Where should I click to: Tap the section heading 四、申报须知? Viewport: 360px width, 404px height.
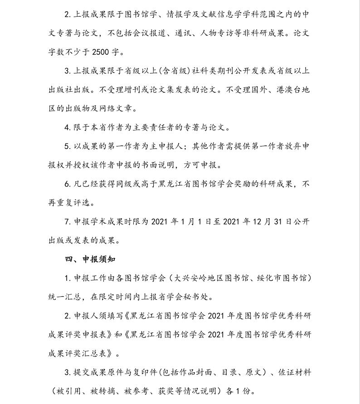[90, 260]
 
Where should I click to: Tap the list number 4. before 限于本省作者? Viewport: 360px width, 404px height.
[68, 127]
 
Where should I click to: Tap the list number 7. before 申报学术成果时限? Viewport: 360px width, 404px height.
[68, 221]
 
